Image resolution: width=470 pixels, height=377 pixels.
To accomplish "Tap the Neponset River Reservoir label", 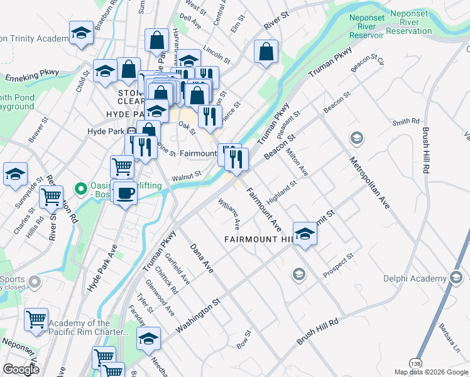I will pos(366,25).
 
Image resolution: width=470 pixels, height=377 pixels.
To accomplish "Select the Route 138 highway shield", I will pos(415,363).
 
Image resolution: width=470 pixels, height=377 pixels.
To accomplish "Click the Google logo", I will pos(21,369).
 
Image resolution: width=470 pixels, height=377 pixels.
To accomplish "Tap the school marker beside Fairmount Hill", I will pos(305,235).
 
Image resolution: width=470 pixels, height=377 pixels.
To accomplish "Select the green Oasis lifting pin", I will pos(80,188).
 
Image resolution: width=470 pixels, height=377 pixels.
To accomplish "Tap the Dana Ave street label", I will pos(202,259).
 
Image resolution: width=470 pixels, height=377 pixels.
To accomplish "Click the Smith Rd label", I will pos(406,121).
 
